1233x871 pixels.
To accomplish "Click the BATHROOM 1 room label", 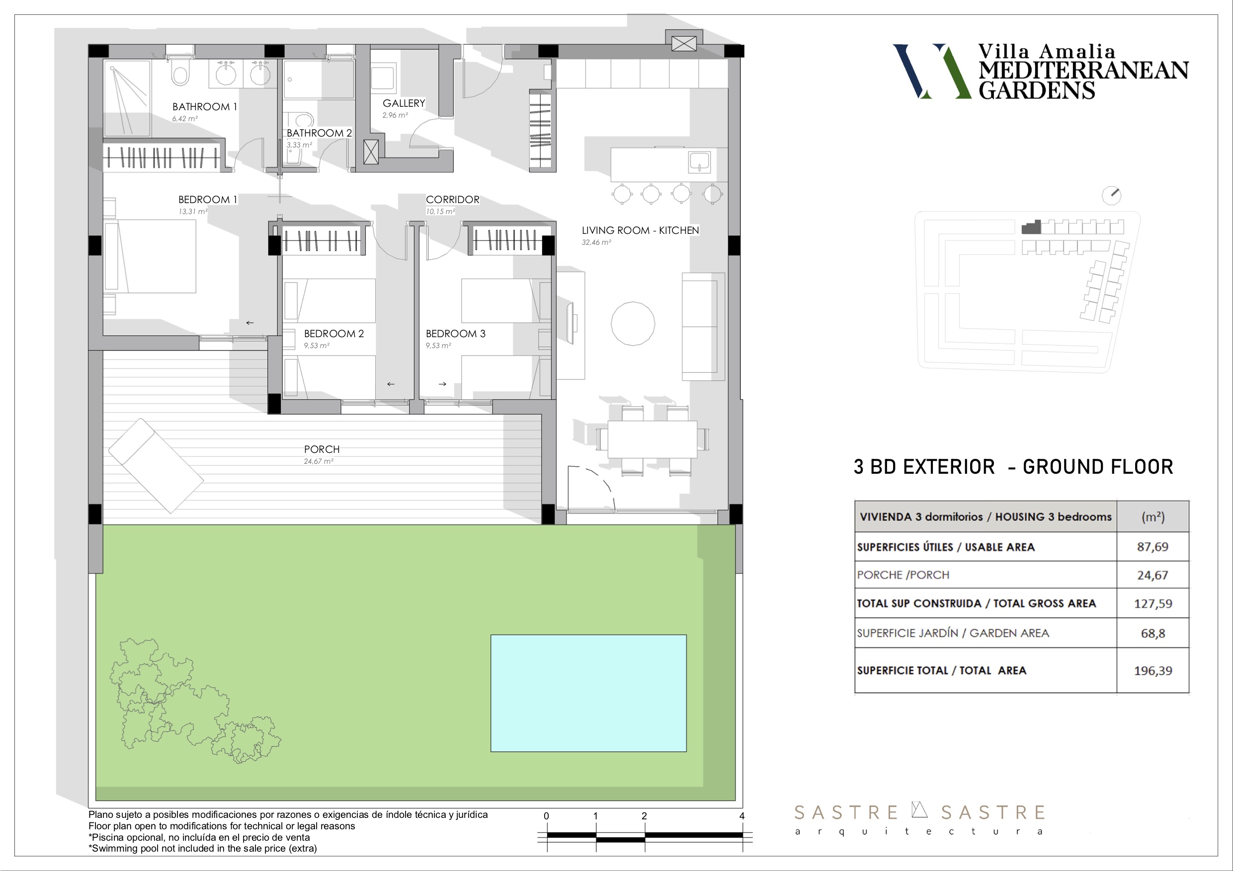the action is [205, 107].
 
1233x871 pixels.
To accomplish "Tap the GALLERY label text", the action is [404, 103].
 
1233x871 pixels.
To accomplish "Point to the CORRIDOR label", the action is [453, 200].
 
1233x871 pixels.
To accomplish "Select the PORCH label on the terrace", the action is [322, 449].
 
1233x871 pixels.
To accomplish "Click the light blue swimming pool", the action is [588, 693].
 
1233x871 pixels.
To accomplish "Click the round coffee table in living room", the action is [633, 323].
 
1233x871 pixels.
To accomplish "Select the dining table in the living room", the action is [653, 439].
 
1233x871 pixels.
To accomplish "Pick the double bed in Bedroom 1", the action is [151, 256].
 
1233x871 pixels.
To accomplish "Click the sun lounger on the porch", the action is [156, 466].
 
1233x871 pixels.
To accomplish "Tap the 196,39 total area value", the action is [1153, 670].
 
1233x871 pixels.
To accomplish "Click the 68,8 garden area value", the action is [1153, 633].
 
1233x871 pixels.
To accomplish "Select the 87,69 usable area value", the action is [1153, 546].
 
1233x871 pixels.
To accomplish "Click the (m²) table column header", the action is [1153, 516].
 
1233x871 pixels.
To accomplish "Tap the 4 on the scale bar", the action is [741, 816].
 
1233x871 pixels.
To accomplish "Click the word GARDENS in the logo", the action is [1037, 90].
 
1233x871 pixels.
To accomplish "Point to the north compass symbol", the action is [1111, 195].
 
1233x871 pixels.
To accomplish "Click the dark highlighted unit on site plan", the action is [1031, 227].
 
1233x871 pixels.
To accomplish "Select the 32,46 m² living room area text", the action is [596, 242].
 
